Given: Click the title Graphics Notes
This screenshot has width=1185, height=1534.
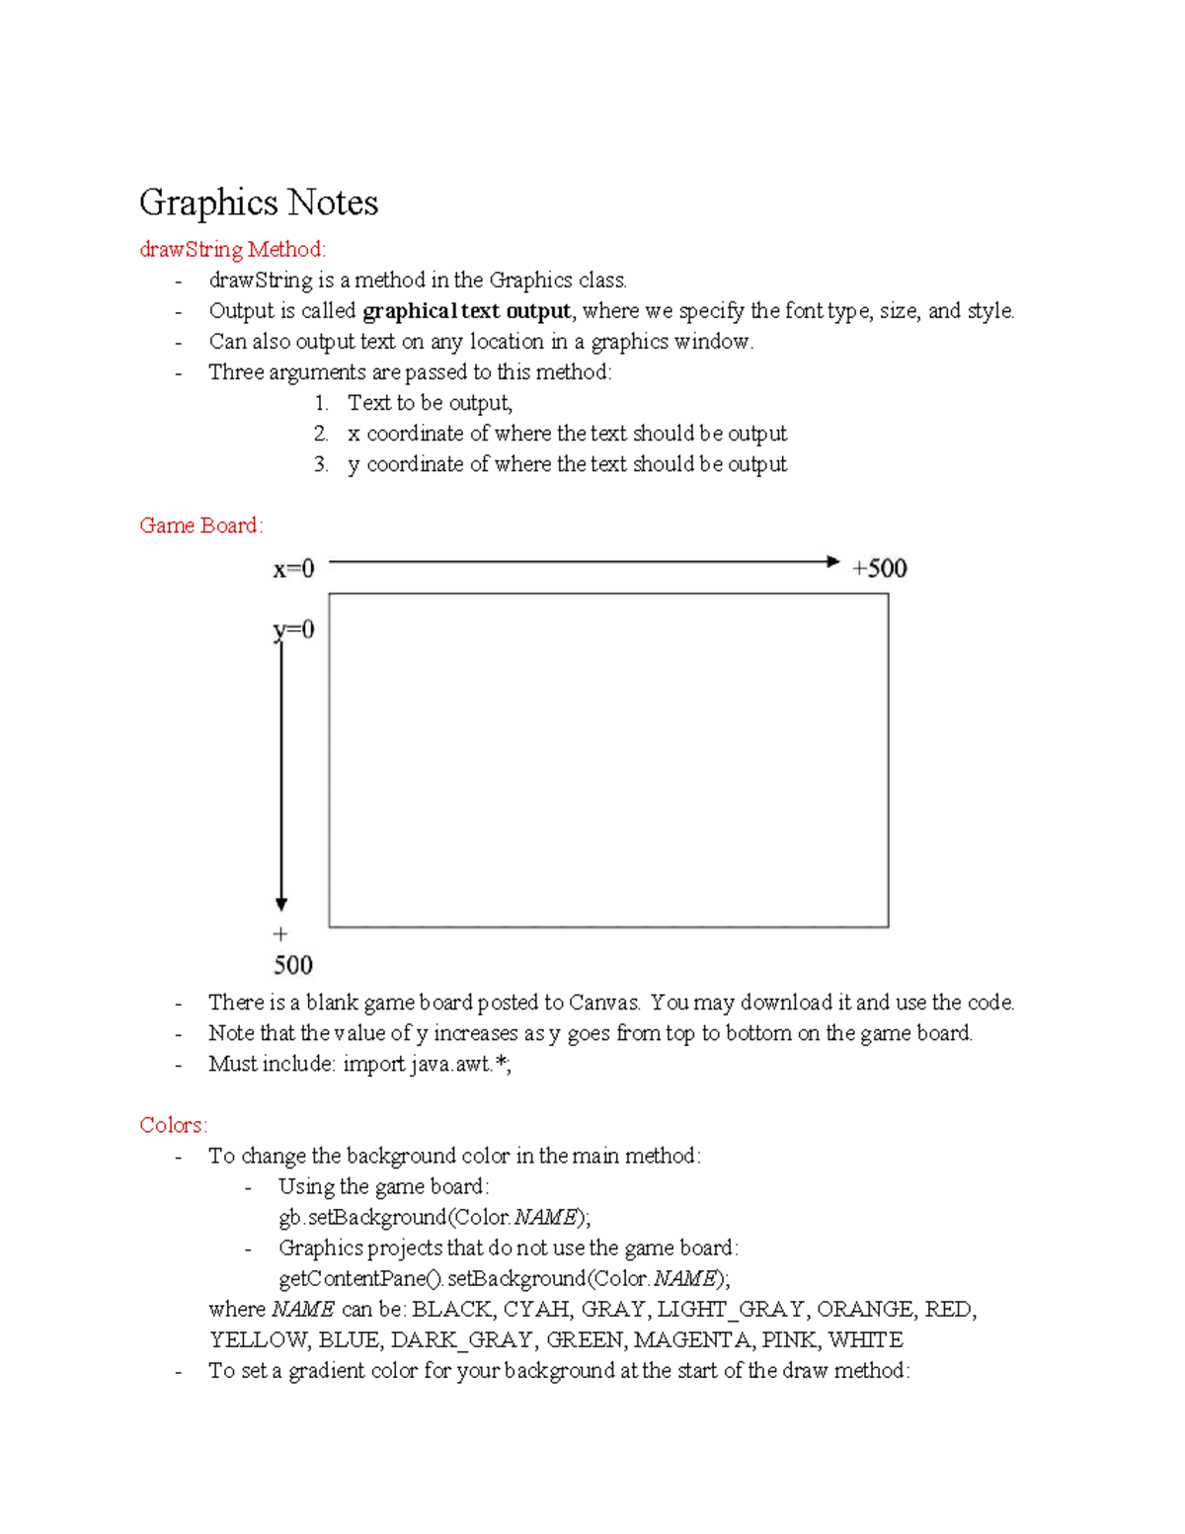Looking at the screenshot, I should click(259, 202).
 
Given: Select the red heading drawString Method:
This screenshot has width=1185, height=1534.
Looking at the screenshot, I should click(232, 249).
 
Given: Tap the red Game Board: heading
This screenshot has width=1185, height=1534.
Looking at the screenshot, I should click(201, 525).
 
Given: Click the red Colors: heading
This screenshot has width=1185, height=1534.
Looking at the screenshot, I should click(173, 1125).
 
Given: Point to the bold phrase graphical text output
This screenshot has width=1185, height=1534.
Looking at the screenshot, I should click(466, 311).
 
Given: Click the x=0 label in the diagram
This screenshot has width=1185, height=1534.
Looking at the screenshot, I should click(293, 569).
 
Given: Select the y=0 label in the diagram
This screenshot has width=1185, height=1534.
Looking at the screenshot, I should click(293, 630).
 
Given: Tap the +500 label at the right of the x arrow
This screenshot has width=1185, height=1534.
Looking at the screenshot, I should click(879, 569).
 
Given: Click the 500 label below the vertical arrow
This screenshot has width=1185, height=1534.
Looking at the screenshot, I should click(292, 965).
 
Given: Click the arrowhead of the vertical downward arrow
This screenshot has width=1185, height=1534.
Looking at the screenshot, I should click(281, 904).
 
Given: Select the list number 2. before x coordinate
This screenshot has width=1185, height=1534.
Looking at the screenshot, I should click(321, 434).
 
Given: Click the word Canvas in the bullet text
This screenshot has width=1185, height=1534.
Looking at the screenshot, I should click(603, 1003).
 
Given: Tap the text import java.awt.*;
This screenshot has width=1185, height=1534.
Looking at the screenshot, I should click(427, 1064).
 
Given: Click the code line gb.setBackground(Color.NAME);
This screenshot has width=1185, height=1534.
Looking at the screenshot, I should click(434, 1217).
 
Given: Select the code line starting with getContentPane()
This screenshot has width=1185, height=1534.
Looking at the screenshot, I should click(504, 1278).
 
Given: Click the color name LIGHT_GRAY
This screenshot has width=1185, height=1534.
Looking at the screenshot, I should click(731, 1310).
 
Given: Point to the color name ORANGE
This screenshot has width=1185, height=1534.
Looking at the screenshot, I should click(865, 1310).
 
